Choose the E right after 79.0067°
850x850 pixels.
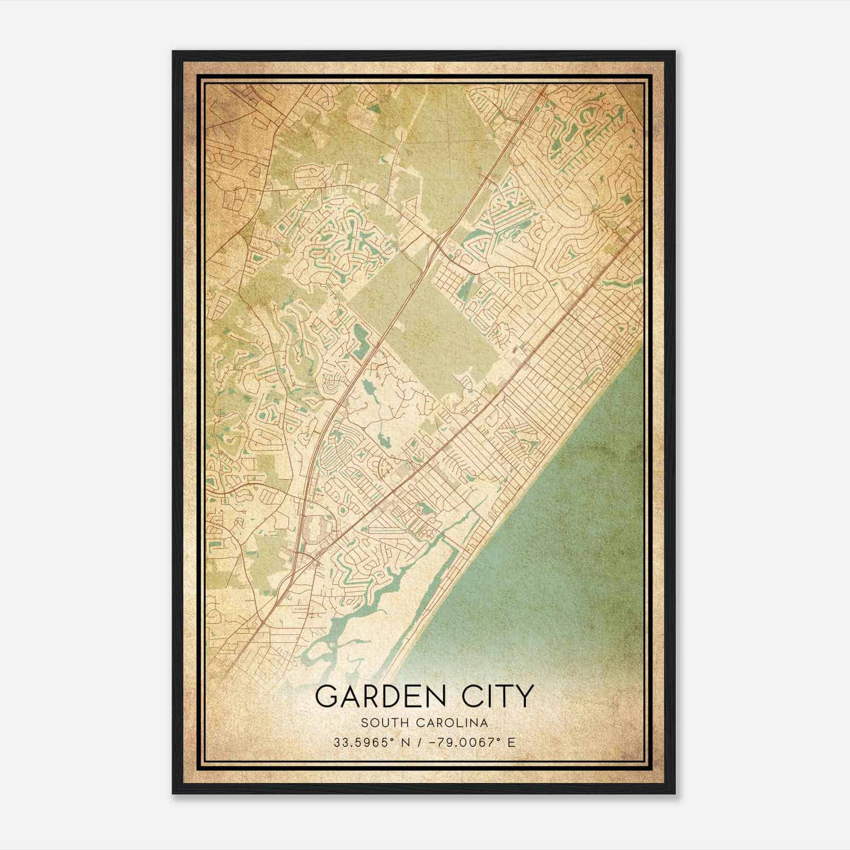click(x=512, y=742)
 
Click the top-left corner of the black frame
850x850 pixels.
click(x=173, y=52)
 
